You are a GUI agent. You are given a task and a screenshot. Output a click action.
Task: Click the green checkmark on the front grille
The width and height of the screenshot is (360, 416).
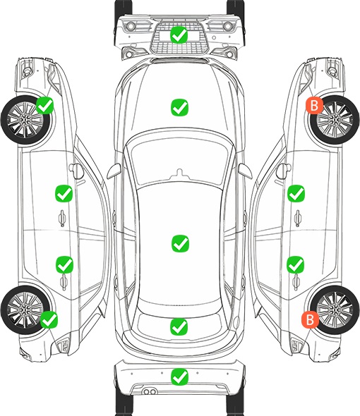pos(179,35)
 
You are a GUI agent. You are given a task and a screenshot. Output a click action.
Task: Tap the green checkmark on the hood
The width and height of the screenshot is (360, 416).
pos(179,107)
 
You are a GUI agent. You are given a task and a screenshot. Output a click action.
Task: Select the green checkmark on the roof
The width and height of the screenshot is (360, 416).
pos(180,243)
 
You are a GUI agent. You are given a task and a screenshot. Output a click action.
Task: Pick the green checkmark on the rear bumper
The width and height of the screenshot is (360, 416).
pos(179,377)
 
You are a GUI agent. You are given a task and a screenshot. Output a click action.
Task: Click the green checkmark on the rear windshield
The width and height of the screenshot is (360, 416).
pos(179,326)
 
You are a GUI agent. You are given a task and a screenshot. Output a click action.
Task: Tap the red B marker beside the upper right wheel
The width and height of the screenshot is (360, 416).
pos(314,105)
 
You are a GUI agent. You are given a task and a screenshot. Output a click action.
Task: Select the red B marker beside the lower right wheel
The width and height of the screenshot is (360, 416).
pos(310,319)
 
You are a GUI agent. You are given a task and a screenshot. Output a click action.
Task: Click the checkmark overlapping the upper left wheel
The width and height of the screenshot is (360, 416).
pos(45,105)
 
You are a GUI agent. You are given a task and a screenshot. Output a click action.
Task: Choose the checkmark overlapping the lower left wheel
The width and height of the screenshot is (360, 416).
pos(49,319)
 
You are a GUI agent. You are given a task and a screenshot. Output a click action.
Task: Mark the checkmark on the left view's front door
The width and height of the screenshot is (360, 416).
pos(64,193)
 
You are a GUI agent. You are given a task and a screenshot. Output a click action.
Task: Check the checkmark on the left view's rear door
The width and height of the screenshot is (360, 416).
pos(64,264)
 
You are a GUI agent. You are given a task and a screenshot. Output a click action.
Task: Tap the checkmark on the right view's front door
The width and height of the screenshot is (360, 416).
pos(296,193)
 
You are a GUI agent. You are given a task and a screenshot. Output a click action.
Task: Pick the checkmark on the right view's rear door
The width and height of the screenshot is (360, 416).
pos(296,264)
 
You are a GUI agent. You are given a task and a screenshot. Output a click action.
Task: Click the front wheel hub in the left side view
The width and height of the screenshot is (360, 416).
pos(25,120)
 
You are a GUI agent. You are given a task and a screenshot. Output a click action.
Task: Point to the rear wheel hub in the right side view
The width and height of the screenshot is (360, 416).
pos(335,310)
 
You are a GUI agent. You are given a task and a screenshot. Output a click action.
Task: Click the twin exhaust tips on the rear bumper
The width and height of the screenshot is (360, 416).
pos(150,391)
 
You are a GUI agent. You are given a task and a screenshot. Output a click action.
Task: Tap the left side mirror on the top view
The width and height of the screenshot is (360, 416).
pos(114,171)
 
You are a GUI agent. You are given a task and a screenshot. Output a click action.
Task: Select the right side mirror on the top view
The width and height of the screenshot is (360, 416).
pos(245,171)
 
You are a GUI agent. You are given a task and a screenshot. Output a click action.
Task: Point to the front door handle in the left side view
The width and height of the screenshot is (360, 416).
pos(62,218)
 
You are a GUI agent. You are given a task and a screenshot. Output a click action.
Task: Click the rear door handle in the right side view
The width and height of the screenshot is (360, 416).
pos(296,282)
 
